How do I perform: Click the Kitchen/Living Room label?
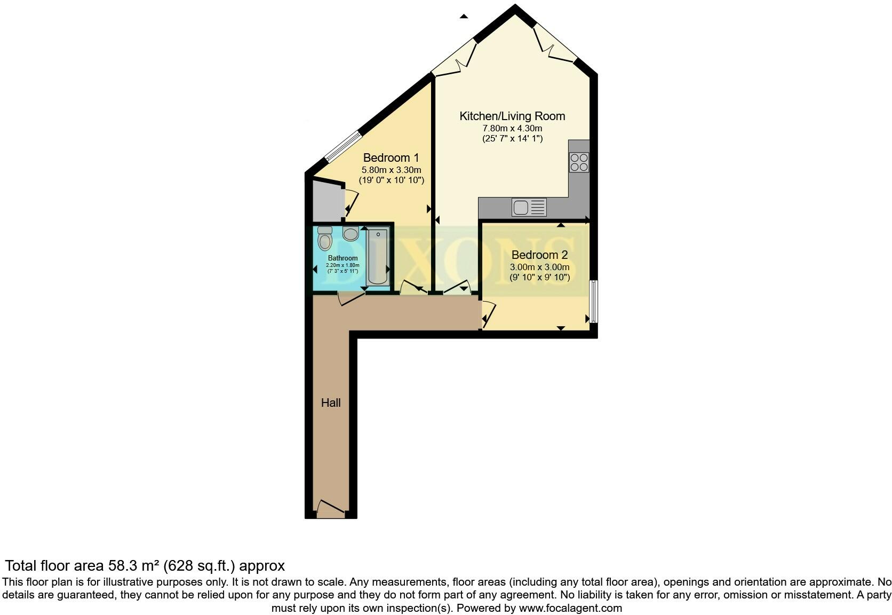(512, 116)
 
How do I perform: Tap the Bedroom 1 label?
(391, 157)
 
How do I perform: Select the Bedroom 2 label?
(539, 255)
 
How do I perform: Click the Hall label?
(331, 403)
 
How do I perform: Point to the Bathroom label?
(343, 258)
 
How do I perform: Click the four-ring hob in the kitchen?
(579, 162)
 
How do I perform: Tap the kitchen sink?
(529, 207)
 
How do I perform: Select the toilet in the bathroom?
(324, 239)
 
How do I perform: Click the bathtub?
(378, 256)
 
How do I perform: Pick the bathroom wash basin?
(351, 233)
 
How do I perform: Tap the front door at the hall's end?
(331, 510)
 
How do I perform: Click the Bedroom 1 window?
(343, 146)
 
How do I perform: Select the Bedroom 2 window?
(593, 301)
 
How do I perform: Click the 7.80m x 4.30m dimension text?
(512, 128)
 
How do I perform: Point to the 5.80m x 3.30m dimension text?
(391, 170)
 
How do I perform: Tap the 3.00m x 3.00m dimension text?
(539, 267)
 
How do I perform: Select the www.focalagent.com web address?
(570, 608)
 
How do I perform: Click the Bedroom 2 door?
(488, 314)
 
